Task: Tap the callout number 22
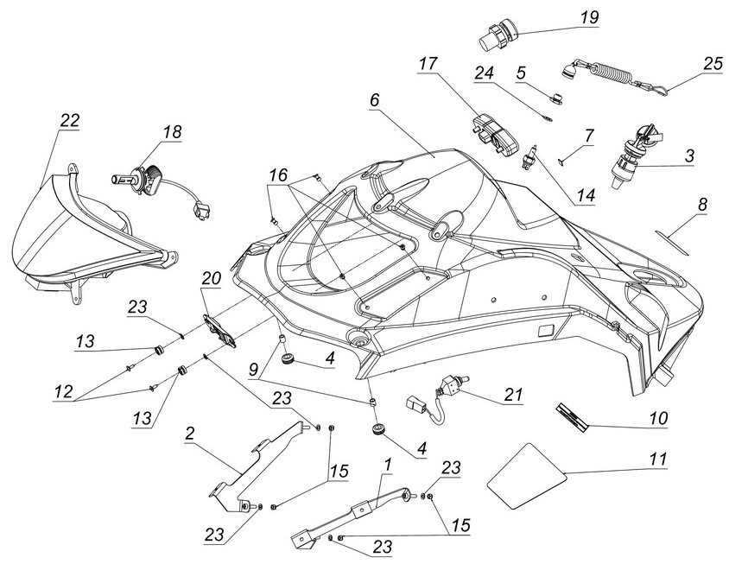click(69, 121)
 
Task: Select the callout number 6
click(374, 99)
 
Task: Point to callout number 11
click(658, 460)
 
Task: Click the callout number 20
click(211, 278)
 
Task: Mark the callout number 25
click(713, 63)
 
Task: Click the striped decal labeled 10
click(571, 416)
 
